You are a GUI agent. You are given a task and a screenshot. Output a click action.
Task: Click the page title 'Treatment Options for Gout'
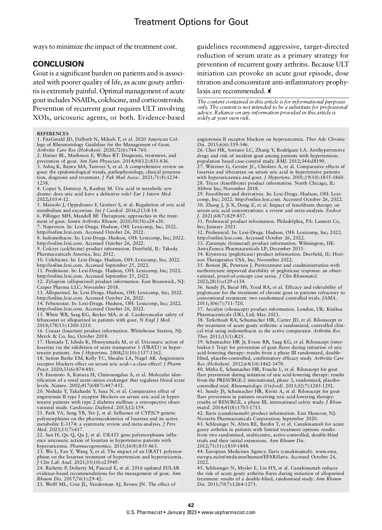click(x=191, y=22)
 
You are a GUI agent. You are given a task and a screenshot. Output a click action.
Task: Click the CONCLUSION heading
click(x=58, y=64)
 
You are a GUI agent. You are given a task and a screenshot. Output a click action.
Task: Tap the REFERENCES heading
click(x=53, y=134)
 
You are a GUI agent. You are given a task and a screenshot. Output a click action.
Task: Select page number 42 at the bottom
click(x=191, y=505)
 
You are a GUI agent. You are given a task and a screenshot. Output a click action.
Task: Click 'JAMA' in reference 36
click(x=329, y=298)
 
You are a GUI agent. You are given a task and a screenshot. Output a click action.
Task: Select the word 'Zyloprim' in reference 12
click(x=55, y=281)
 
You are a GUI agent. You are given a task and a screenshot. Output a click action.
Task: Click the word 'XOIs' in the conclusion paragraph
click(x=41, y=117)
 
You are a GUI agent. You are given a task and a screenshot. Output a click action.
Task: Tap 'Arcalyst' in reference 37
click(x=215, y=309)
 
